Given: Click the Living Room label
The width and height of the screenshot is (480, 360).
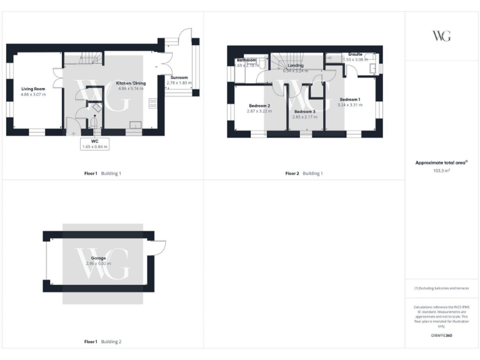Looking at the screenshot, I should point(32,89).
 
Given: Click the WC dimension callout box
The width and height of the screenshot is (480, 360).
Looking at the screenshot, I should point(95,144).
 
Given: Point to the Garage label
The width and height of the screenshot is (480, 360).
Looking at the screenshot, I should point(98,258).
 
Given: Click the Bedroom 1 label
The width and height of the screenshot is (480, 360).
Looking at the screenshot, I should point(349,99).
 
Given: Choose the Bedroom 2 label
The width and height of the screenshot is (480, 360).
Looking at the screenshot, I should point(259,106).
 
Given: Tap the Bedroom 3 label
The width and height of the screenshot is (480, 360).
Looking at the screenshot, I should point(305,111).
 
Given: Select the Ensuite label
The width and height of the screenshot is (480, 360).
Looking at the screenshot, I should point(354,55).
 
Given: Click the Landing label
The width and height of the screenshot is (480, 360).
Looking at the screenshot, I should point(295,65).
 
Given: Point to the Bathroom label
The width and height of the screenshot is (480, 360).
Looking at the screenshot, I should point(246,60).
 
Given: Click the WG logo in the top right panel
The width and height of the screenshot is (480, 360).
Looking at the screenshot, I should point(441,36).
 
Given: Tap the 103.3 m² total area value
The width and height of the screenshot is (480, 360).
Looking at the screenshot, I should point(441,170).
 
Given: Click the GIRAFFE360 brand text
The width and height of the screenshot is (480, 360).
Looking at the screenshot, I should point(441,336).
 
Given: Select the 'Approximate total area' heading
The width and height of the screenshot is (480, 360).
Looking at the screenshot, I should point(441,162).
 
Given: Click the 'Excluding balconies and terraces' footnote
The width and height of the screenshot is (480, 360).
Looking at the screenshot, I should point(441,288).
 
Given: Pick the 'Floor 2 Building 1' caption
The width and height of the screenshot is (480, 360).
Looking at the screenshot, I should point(304,173).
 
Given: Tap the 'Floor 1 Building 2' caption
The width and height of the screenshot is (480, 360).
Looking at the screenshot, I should point(103,342).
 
